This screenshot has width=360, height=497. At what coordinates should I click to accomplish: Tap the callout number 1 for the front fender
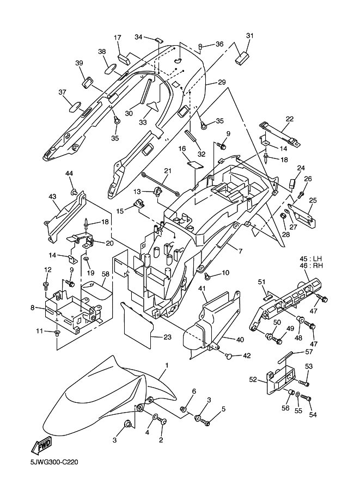(x=166, y=365)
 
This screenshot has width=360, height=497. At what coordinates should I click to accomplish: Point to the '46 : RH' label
(x=309, y=266)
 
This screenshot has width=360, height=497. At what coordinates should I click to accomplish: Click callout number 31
(x=249, y=36)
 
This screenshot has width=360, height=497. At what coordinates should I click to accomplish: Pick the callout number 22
(x=289, y=119)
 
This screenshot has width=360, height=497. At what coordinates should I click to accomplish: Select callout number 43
(x=53, y=196)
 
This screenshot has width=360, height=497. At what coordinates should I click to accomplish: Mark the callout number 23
(x=167, y=338)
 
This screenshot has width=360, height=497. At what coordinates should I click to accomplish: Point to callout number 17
(x=117, y=38)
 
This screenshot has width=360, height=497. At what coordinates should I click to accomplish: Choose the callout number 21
(x=167, y=171)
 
